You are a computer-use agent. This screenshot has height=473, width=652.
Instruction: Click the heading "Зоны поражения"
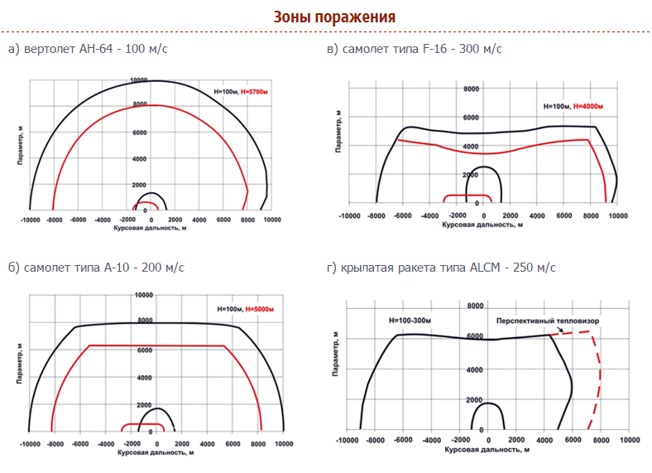pos(334,17)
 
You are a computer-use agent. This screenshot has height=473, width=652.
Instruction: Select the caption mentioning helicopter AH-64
pos(88,49)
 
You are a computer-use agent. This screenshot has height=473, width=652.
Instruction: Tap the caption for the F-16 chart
pos(414,49)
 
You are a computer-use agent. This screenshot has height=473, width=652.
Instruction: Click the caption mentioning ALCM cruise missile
pos(441,268)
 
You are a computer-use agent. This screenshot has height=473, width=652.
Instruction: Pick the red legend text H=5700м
pos(256,92)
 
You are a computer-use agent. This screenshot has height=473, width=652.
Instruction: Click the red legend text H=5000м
pos(258,309)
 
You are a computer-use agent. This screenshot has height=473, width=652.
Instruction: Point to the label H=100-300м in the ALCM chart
pos(411,320)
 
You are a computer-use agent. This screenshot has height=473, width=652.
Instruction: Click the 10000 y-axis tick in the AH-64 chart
pos(138,81)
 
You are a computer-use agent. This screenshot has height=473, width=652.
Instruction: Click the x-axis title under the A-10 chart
pos(156,452)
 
